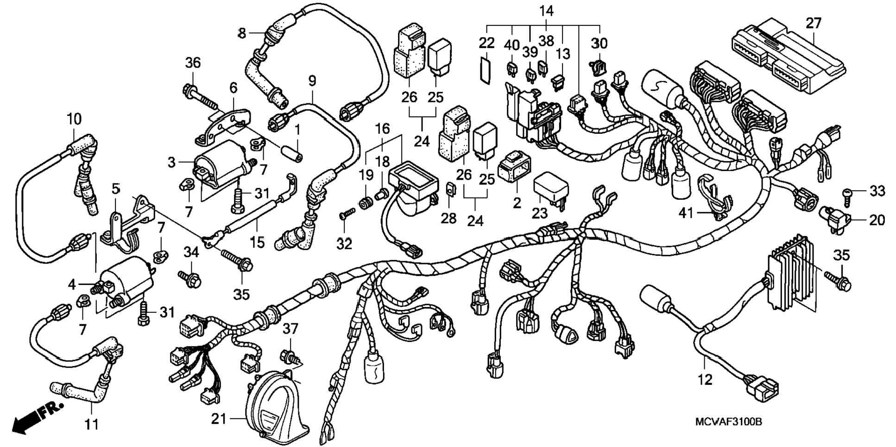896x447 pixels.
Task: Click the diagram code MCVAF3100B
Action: click(728, 422)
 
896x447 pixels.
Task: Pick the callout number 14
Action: click(547, 11)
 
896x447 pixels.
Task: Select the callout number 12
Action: click(705, 380)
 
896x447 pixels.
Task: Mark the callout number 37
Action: click(290, 329)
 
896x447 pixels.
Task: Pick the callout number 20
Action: click(877, 220)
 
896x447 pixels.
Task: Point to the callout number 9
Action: click(312, 81)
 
